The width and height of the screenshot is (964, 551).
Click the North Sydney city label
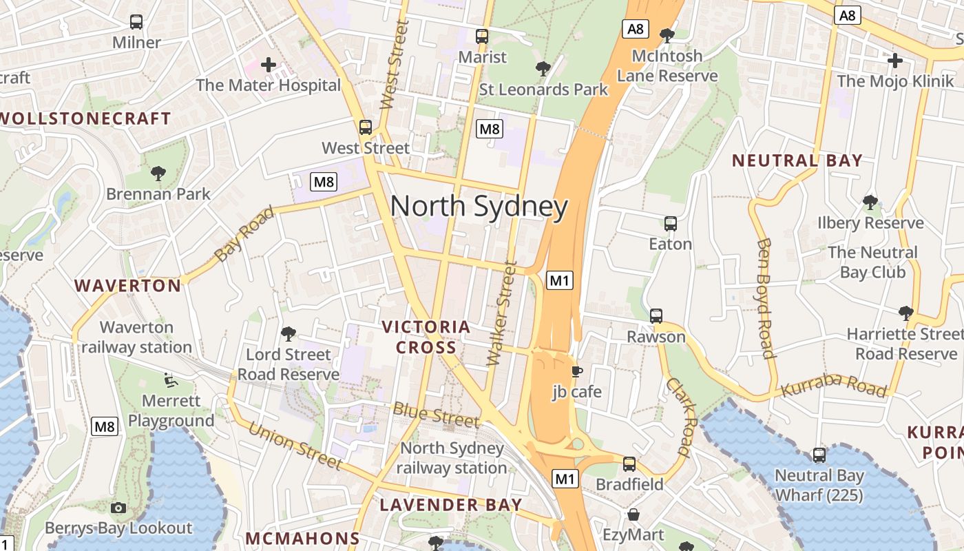coord(479,207)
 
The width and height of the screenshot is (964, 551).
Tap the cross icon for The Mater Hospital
coord(269,65)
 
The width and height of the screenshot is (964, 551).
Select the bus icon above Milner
coord(136,22)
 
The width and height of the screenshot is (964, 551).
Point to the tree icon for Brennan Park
coord(158,173)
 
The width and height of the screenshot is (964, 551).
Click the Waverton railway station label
coord(136,337)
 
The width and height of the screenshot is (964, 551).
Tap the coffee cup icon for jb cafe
coord(577,372)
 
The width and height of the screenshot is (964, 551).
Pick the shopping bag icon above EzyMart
coord(633,514)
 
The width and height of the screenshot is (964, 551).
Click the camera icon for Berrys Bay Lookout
coord(118,508)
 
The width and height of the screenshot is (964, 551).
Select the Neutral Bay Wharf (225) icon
coord(819,455)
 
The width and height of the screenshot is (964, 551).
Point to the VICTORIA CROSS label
coord(426,337)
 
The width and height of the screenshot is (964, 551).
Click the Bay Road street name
coord(244,233)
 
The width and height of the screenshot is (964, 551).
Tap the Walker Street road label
coord(501,313)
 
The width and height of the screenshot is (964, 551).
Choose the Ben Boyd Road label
coord(766,298)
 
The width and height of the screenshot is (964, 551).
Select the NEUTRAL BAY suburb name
coord(797,160)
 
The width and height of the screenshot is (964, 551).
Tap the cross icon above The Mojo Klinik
coord(894,61)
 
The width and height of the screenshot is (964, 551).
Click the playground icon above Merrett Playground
coord(170,380)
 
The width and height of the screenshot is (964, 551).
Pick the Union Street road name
coord(295,446)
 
